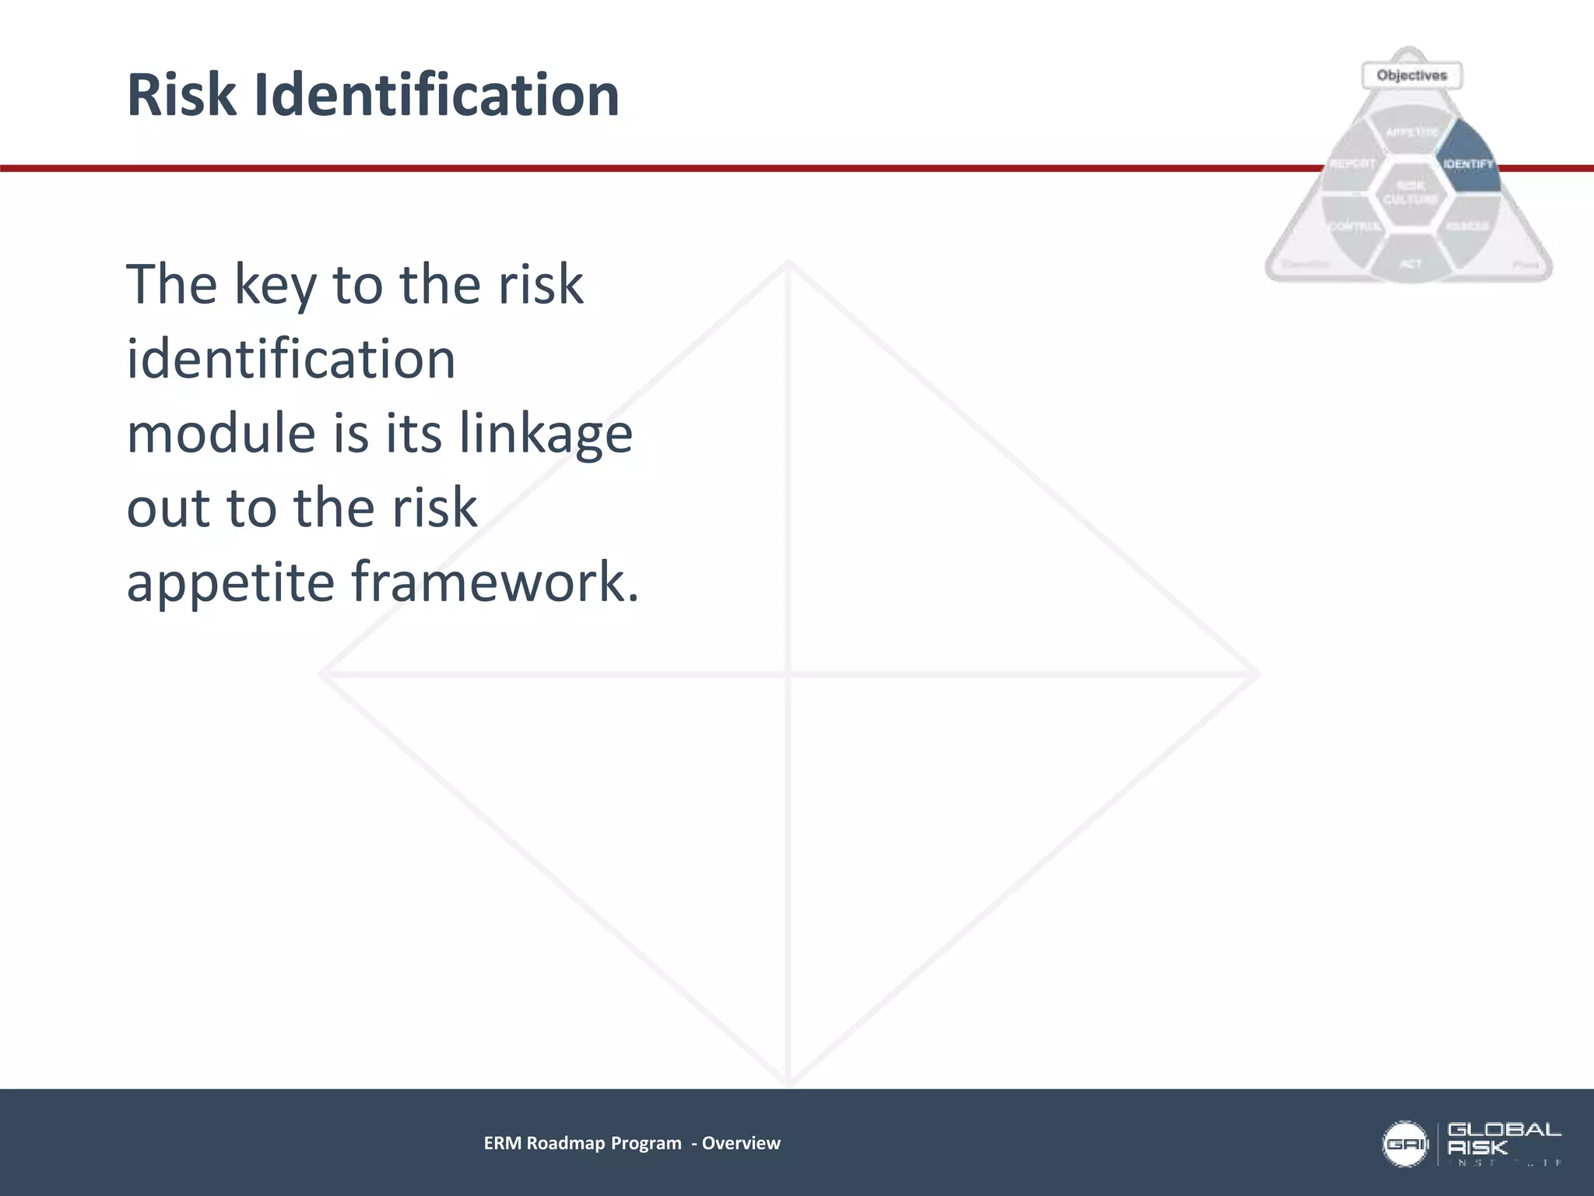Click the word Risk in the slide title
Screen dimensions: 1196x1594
[x=181, y=95]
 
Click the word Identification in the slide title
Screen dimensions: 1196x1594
[x=437, y=95]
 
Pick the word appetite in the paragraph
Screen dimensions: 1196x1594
[x=230, y=583]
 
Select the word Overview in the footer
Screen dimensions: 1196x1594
[x=741, y=1143]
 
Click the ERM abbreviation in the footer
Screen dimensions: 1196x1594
[x=503, y=1143]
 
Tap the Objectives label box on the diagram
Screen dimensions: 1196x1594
[x=1412, y=76]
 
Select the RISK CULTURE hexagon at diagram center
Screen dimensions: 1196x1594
[x=1410, y=192]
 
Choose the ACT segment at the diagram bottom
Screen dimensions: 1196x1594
[x=1410, y=262]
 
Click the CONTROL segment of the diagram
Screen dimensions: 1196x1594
[x=1353, y=227]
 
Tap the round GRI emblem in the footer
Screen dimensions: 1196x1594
[x=1405, y=1144]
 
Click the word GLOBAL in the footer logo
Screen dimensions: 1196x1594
[x=1504, y=1130]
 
